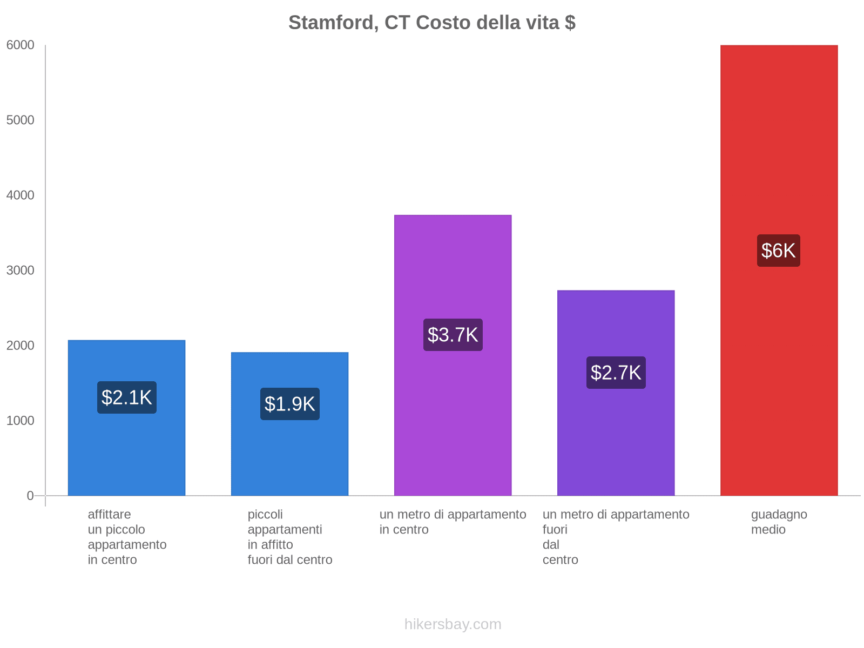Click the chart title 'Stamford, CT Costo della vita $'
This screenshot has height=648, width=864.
[431, 23]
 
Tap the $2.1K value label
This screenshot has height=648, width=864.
[127, 397]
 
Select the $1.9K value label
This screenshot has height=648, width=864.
[289, 404]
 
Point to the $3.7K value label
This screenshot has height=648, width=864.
[453, 335]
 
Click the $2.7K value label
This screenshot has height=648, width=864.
[616, 373]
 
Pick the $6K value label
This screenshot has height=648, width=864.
[778, 251]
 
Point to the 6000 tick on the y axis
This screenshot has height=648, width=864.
[21, 45]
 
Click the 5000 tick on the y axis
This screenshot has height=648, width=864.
[21, 120]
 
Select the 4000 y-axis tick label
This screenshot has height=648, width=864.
[21, 195]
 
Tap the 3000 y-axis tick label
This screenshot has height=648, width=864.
[21, 271]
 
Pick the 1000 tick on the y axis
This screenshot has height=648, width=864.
[21, 421]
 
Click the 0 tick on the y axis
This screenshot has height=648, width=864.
[30, 496]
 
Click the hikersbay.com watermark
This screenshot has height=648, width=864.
[453, 624]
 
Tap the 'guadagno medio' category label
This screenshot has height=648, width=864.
[779, 522]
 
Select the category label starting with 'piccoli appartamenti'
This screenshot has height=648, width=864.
[289, 537]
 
